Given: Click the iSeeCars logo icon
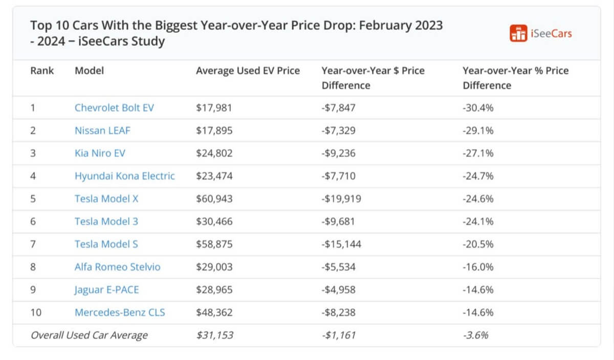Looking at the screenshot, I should click(x=518, y=33).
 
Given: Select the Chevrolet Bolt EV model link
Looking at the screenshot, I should click(x=114, y=108).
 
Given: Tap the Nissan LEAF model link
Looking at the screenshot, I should click(x=102, y=130).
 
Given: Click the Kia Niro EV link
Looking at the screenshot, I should click(x=100, y=153).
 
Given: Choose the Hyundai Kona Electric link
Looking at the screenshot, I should click(x=124, y=176).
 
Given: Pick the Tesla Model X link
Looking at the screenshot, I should click(x=106, y=198).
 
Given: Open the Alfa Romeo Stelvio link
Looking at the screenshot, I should click(x=117, y=267).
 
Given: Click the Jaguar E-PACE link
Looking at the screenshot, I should click(x=106, y=289).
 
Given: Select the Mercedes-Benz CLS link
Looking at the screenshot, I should click(x=120, y=312).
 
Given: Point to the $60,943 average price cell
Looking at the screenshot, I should click(x=214, y=198).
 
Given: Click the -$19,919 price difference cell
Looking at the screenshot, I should click(x=341, y=198).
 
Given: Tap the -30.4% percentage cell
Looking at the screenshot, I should click(x=478, y=108).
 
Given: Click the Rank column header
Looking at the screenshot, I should click(x=42, y=71).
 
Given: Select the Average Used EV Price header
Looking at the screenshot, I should click(x=248, y=71).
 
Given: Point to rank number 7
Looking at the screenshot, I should click(x=33, y=244).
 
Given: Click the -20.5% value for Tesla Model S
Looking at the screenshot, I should click(x=478, y=244).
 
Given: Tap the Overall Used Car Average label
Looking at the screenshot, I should click(x=89, y=335).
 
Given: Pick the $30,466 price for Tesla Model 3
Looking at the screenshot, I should click(x=214, y=221).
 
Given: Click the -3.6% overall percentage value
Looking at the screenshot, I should click(x=475, y=335).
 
